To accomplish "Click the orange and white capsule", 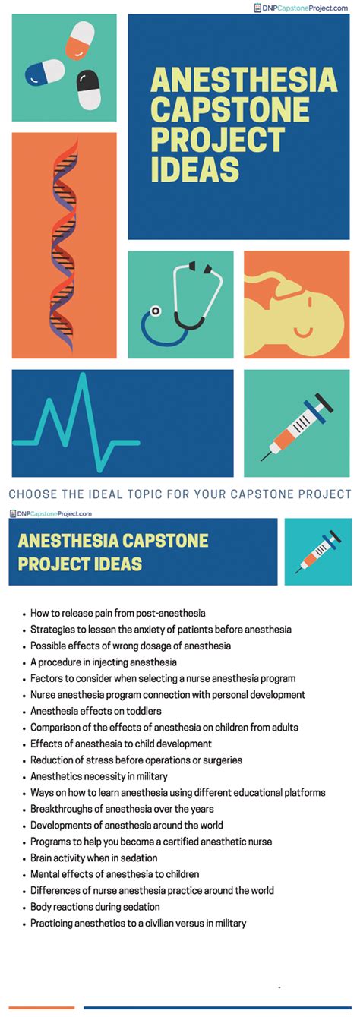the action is (80, 40).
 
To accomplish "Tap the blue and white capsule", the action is (45, 72).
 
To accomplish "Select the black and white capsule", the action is (88, 90).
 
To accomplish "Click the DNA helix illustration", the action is (64, 245).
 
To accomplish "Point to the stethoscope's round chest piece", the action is (156, 311).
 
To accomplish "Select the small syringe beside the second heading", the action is (318, 552).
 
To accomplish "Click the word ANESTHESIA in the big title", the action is (245, 80).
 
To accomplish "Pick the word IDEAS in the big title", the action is (194, 169).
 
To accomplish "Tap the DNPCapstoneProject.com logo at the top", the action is (301, 8).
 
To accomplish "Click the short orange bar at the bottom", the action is (41, 1007).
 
